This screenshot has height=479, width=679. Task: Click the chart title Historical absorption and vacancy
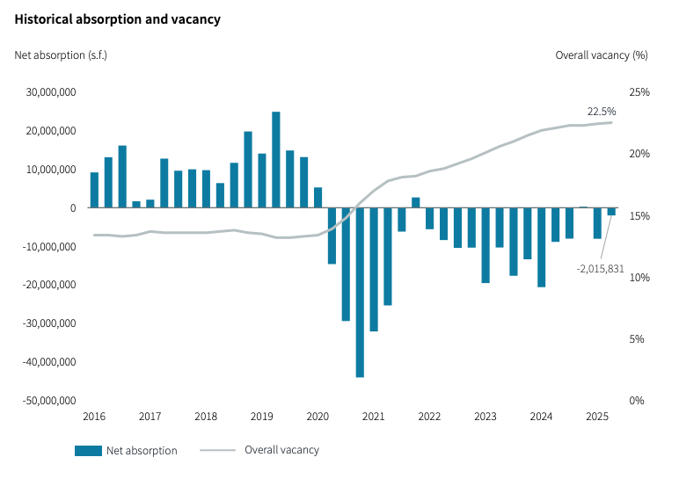(117, 19)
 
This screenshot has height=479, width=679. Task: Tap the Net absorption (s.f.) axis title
(61, 54)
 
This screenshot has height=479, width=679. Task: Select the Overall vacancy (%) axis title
(601, 54)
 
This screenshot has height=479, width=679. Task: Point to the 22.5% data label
(602, 112)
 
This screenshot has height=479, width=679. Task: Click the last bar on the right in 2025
(611, 212)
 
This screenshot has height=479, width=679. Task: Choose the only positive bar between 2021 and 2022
(416, 203)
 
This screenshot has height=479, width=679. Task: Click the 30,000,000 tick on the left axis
(52, 92)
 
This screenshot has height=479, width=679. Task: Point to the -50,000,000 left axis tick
(50, 401)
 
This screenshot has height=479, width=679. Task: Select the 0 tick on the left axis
(74, 208)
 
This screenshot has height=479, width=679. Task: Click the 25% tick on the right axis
(639, 92)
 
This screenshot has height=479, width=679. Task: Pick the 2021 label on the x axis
(373, 417)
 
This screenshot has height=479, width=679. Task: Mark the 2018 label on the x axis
(206, 417)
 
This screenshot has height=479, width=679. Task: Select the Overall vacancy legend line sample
(217, 451)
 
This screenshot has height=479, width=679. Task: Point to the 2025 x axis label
(596, 417)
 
